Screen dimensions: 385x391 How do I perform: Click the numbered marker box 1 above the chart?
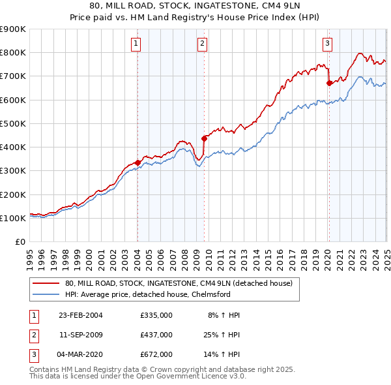pyautogui.click(x=136, y=44)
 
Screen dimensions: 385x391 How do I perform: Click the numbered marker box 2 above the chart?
pyautogui.click(x=203, y=44)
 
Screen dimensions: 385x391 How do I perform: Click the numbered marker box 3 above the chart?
pyautogui.click(x=327, y=44)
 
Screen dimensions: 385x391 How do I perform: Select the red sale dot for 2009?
pyautogui.click(x=205, y=138)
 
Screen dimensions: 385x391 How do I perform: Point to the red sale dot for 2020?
pyautogui.click(x=329, y=83)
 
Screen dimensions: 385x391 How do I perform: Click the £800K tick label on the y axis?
pyautogui.click(x=12, y=52)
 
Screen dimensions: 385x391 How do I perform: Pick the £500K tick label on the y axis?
pyautogui.click(x=12, y=123)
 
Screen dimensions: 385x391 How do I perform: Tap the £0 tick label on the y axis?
pyautogui.click(x=20, y=241)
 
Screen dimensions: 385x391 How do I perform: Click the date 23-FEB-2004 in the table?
pyautogui.click(x=80, y=315)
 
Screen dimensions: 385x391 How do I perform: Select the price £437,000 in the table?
pyautogui.click(x=156, y=335)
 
